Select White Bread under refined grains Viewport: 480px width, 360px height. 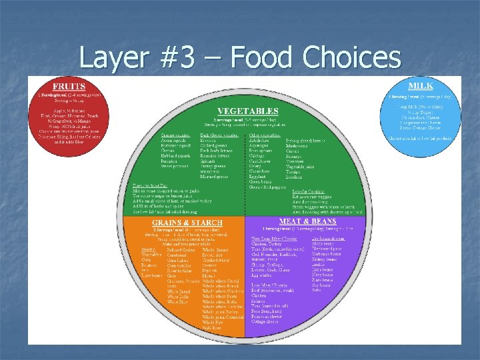pyautogui.click(x=178, y=291)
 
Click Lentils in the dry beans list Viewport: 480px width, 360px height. pyautogui.click(x=318, y=264)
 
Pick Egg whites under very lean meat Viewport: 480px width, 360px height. pyautogui.click(x=262, y=274)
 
